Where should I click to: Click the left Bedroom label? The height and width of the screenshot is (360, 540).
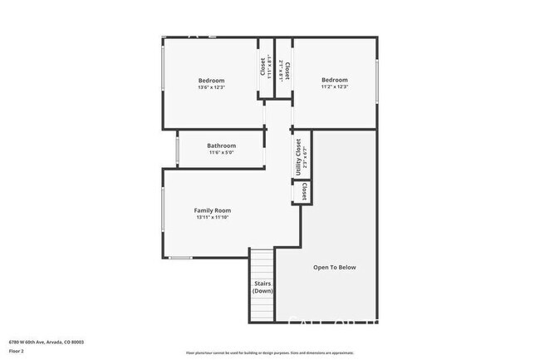tap(211, 81)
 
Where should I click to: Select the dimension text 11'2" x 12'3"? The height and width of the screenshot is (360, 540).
tap(335, 87)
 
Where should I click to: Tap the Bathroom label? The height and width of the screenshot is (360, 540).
tap(221, 145)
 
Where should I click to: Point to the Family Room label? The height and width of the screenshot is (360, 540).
tap(213, 210)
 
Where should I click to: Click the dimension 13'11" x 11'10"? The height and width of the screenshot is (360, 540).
tap(213, 218)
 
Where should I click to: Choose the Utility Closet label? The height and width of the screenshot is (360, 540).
tap(298, 154)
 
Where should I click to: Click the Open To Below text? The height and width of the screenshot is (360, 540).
tap(334, 267)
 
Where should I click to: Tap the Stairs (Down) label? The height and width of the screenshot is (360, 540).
tap(263, 288)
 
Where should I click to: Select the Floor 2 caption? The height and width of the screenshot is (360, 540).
tap(17, 351)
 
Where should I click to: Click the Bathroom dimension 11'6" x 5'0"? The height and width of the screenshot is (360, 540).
tap(221, 153)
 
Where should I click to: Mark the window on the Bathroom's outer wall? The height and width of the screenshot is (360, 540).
tap(177, 149)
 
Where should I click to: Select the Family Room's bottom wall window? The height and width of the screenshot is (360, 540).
tap(180, 258)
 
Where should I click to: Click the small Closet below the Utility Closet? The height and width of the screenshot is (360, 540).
tap(304, 193)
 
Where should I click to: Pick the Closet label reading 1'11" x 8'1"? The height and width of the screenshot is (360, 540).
tap(265, 67)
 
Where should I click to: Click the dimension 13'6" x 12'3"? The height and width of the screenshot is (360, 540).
tap(211, 88)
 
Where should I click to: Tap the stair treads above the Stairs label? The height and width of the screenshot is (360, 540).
tap(263, 264)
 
